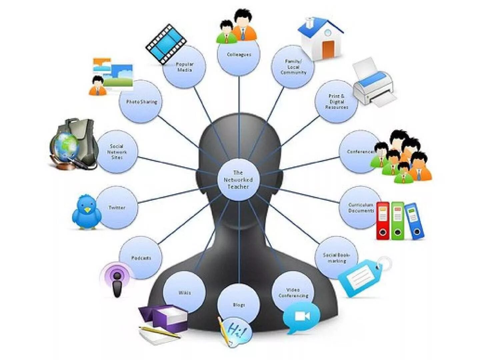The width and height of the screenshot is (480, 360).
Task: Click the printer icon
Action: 374,85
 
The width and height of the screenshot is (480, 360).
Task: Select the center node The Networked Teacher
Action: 238,180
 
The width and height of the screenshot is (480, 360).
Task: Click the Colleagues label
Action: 239,54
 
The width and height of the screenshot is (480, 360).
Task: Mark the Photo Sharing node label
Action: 141,102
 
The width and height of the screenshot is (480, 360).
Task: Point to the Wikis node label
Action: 185,293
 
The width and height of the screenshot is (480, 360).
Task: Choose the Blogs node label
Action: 239,305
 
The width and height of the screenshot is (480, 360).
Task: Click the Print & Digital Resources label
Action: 337,102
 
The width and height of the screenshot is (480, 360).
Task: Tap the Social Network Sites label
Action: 117,152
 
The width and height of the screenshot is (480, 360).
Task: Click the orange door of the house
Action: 328,49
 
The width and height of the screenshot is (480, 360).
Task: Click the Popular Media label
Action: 185,67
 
